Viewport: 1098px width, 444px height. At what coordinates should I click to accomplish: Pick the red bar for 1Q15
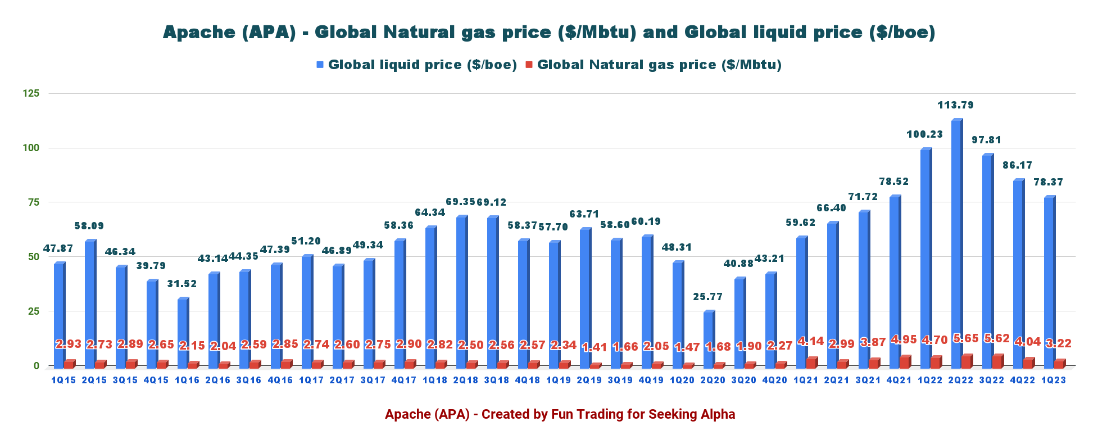[68, 364]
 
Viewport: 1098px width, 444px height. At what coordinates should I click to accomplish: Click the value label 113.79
[955, 105]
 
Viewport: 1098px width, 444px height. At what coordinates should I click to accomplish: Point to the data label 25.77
[707, 297]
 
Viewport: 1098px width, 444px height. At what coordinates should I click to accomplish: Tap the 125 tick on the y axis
[31, 93]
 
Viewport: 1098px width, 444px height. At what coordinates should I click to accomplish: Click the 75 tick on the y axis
[33, 202]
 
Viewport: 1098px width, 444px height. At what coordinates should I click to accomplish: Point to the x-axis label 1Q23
[1053, 380]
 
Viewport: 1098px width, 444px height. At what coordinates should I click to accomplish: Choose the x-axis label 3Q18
[496, 380]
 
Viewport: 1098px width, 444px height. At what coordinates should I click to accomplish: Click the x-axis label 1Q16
[187, 380]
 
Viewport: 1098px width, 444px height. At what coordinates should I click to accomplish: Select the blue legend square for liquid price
[320, 65]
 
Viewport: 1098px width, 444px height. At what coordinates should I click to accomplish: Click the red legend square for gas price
[529, 65]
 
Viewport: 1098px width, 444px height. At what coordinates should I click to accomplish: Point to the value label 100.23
[924, 134]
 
